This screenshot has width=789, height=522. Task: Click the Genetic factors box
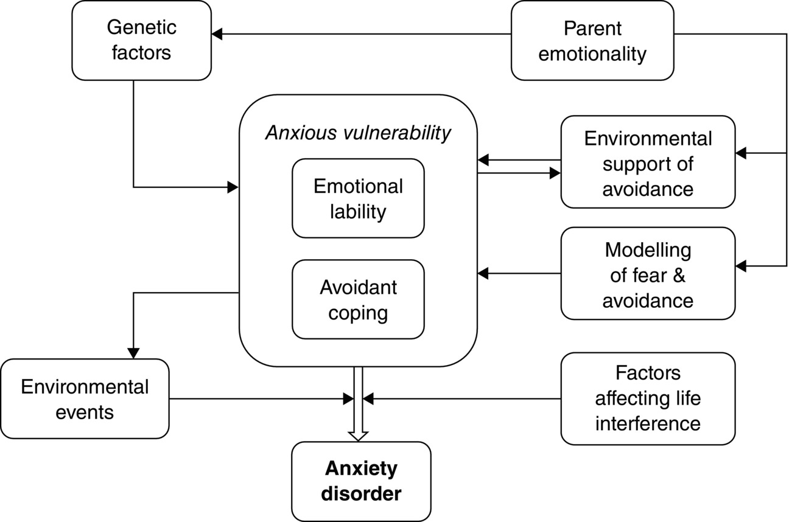point(141,40)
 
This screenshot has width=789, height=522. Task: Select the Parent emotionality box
point(592,40)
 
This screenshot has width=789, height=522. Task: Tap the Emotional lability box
point(358,198)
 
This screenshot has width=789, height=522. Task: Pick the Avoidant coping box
point(358,299)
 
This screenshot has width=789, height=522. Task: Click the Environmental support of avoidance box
point(648,163)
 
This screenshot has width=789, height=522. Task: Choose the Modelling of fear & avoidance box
point(648,274)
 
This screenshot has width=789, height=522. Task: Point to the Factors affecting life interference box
point(648,398)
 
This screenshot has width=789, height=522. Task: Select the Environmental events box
point(85,399)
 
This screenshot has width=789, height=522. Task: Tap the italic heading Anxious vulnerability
point(358,133)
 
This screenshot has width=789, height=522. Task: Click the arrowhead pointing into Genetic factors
point(217,34)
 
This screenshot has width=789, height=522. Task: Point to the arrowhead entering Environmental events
point(133,353)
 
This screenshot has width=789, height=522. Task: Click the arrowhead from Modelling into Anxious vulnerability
point(483,274)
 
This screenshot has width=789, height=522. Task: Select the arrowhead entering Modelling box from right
point(741,265)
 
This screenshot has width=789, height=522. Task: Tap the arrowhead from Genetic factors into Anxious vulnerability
point(233,187)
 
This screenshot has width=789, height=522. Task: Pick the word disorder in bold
point(361,493)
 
